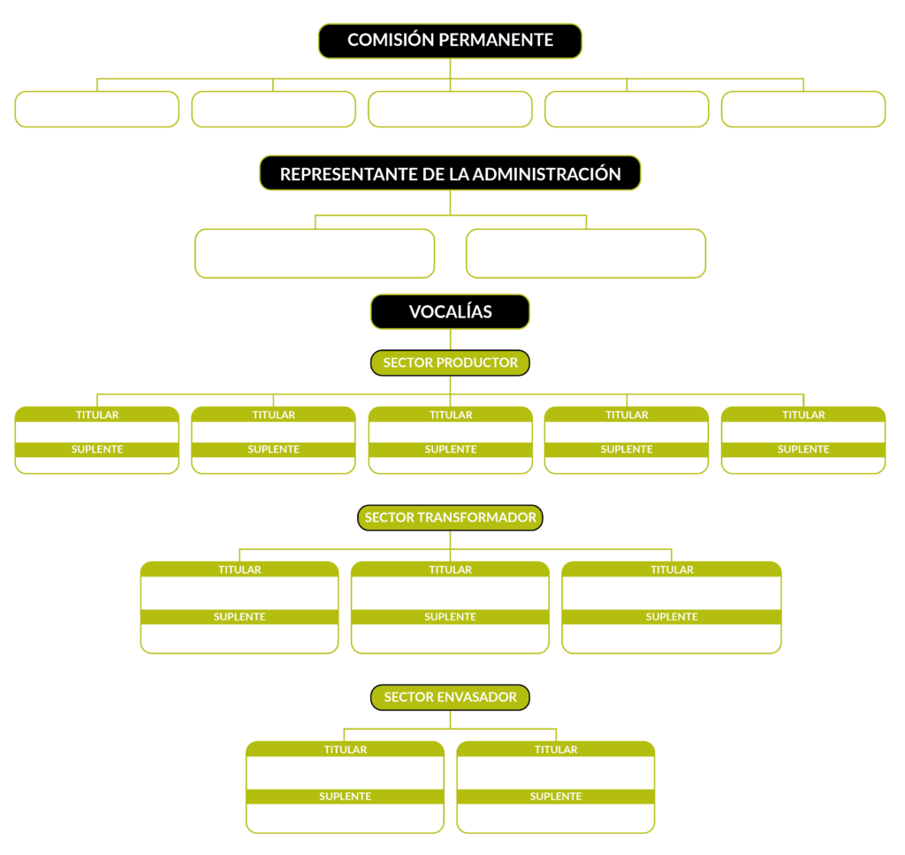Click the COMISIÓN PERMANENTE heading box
coord(450,41)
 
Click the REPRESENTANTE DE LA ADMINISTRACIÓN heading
coord(450,173)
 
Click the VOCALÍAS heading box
coord(450,311)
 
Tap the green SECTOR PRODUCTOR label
coord(450,363)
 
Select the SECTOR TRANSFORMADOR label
coord(450,518)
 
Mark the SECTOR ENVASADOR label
coord(450,698)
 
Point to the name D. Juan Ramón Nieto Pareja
coord(97,464)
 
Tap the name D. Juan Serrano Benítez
coord(803,464)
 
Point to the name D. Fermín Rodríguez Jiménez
coord(556,825)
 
